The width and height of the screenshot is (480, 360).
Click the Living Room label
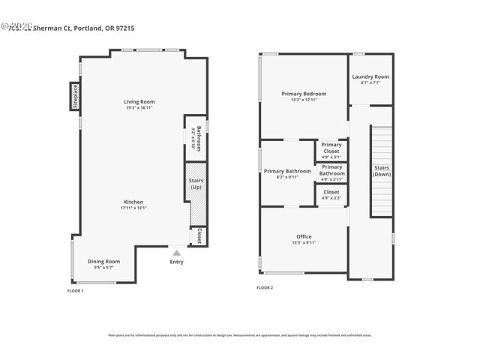[x=139, y=101]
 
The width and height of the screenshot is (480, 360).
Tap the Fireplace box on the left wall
[x=76, y=96]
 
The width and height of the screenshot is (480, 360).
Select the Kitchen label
[x=133, y=202]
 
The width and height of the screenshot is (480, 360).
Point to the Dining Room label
[x=103, y=261]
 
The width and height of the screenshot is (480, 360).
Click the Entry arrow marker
[x=176, y=253]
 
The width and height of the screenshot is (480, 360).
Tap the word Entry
[x=176, y=262]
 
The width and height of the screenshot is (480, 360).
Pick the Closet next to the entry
[x=199, y=237]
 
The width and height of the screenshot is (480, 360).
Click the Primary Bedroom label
[x=304, y=94]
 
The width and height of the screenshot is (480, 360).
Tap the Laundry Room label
[x=370, y=76]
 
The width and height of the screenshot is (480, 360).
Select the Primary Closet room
[x=331, y=150]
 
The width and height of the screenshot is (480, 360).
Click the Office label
[x=304, y=236]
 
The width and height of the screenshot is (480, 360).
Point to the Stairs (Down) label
[x=381, y=170]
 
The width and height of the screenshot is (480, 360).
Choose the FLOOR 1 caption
[x=76, y=290]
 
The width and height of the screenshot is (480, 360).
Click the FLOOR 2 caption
[x=265, y=287]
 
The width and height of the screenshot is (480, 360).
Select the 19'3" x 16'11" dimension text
[x=139, y=107]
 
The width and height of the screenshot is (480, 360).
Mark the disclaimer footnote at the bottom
[x=239, y=335]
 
